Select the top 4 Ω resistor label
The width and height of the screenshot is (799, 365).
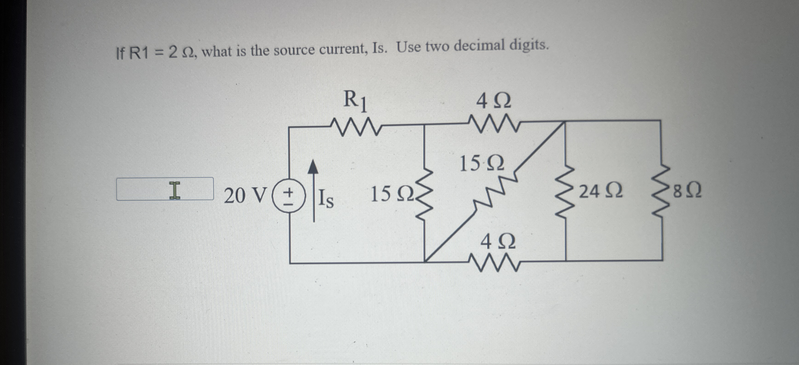[493, 101]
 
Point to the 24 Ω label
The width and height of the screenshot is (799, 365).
[600, 191]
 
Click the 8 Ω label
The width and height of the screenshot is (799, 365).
[686, 191]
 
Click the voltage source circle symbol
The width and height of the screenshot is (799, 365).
[289, 196]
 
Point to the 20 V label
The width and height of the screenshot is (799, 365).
[245, 196]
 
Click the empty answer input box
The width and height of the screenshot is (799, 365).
[165, 189]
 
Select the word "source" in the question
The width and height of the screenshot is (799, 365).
[294, 50]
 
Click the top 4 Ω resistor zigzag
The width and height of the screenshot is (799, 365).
[493, 124]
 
